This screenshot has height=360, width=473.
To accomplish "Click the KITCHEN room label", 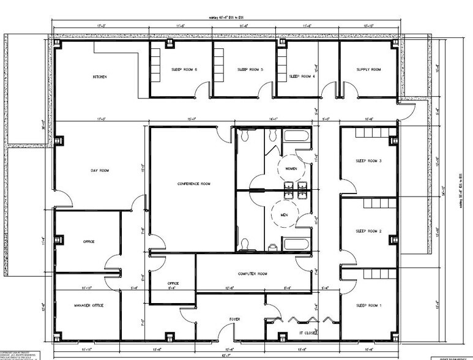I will [100, 77].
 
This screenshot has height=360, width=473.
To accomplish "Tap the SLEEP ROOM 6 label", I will [184, 70].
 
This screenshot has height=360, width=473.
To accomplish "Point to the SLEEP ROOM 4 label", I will [302, 77].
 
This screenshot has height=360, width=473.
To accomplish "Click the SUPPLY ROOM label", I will [368, 70].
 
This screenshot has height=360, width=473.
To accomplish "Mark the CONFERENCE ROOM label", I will [194, 184].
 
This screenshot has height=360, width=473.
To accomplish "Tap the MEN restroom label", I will [284, 215].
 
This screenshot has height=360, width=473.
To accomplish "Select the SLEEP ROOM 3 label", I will [368, 161].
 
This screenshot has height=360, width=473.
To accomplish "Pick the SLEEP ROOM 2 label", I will [368, 231].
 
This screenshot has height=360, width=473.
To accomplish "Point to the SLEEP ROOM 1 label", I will [368, 305].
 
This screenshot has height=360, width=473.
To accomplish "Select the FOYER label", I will [235, 319].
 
